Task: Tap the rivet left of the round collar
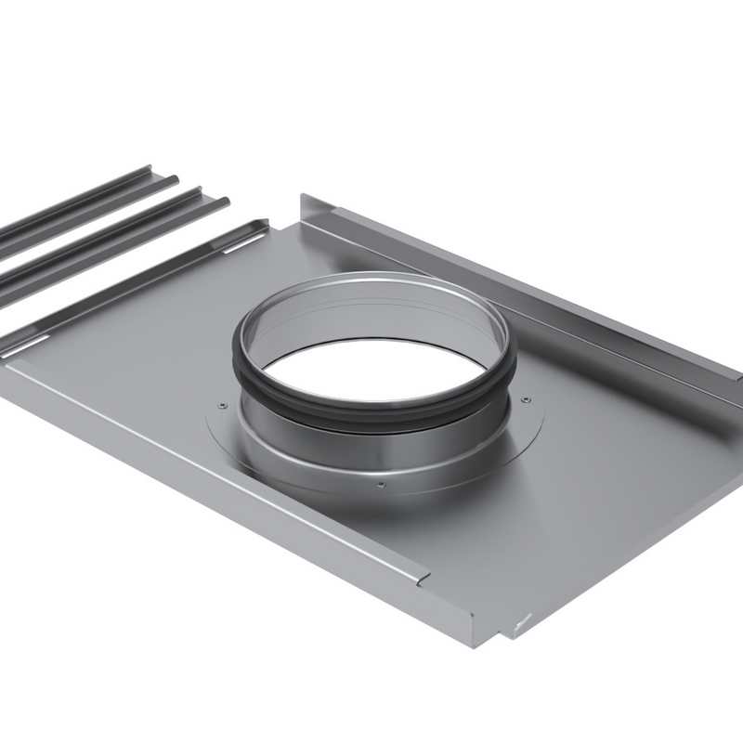tap(221, 406)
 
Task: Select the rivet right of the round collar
tap(527, 399)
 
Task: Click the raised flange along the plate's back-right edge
tap(520, 279)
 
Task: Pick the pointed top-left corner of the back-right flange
tap(304, 196)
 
